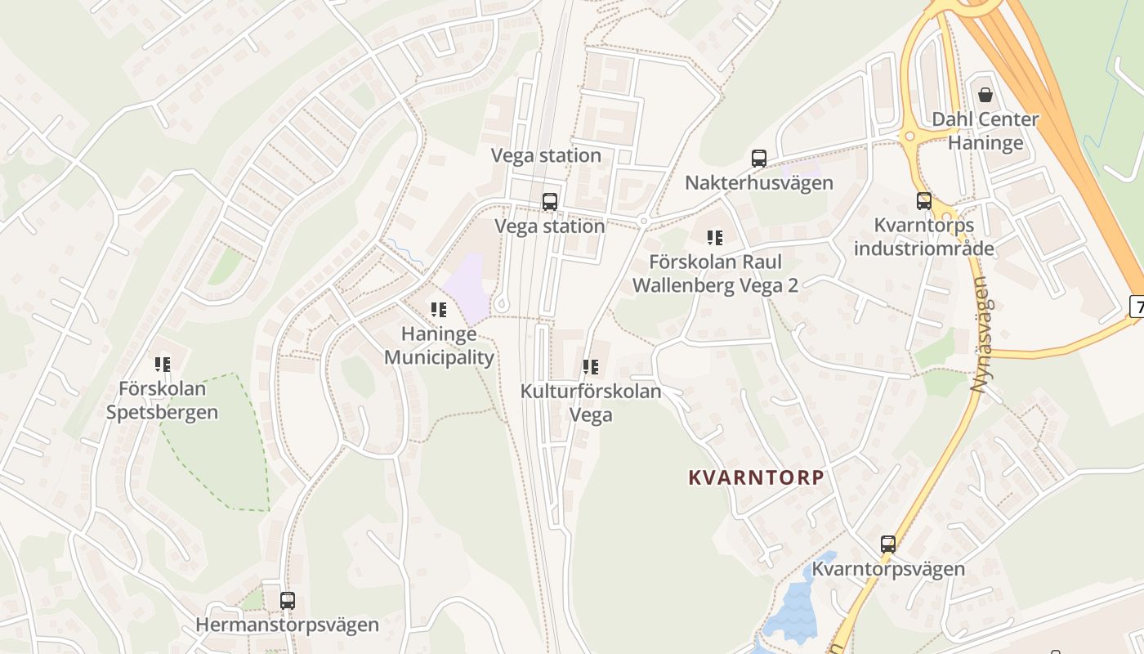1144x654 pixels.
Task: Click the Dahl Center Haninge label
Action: pos(985,131)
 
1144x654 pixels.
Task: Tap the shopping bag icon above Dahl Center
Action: pos(985,95)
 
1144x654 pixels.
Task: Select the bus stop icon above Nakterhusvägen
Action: pos(759,159)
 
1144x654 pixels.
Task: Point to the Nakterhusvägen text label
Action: pos(759,182)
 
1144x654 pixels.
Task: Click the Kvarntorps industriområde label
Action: pos(924,236)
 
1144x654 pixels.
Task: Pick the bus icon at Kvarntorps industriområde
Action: pos(924,201)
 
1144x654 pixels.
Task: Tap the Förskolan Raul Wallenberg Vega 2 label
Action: pos(715,273)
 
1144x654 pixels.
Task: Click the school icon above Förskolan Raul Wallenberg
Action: pos(715,238)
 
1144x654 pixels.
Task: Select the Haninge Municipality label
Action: pos(439,346)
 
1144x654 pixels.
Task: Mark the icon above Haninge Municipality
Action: pos(439,310)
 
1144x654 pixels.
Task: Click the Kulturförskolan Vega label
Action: pos(591,403)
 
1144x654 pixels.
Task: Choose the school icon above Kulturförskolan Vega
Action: pos(591,367)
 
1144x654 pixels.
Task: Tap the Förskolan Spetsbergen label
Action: pos(163,400)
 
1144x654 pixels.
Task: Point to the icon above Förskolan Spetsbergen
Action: pos(163,364)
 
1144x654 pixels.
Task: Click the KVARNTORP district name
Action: pos(756,477)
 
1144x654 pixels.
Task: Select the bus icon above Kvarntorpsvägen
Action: pos(888,544)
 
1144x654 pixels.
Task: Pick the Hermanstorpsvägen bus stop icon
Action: pos(287,600)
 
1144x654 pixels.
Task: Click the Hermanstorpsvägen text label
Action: pos(287,625)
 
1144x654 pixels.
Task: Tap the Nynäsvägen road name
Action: pos(979,335)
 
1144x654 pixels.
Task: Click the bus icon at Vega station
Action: pos(550,202)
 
